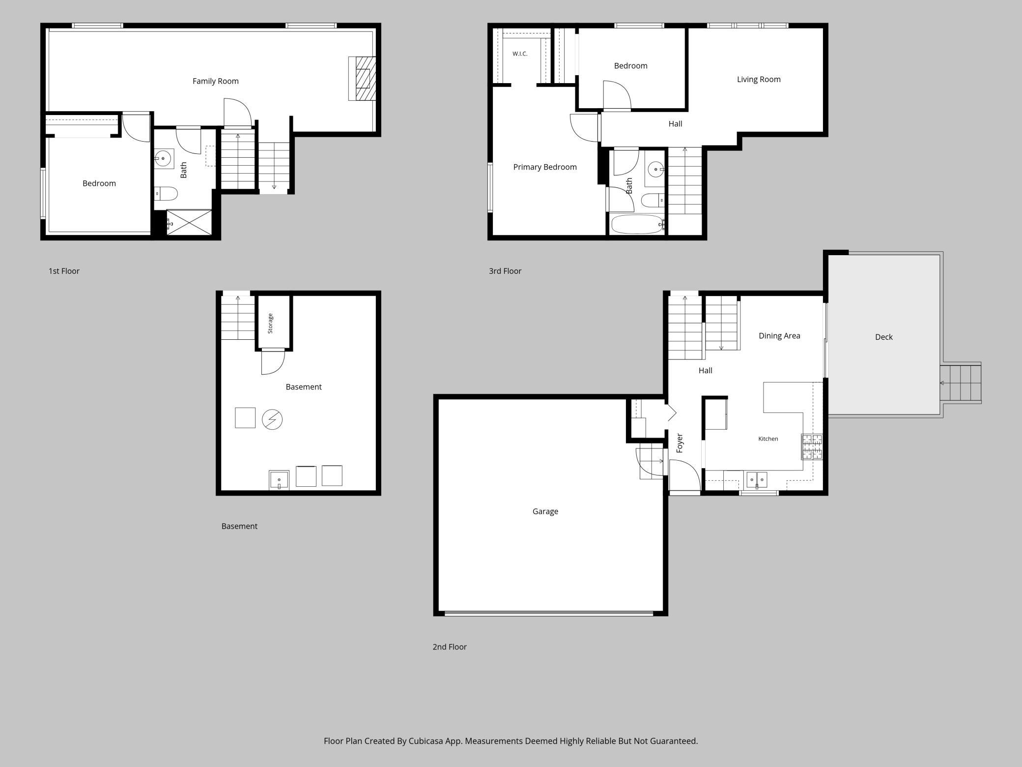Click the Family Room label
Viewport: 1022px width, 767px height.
tap(215, 81)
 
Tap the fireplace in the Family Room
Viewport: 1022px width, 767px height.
tap(362, 79)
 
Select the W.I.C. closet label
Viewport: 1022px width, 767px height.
tap(520, 54)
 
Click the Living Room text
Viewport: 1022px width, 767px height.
tap(759, 79)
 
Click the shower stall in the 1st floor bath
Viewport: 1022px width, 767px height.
tap(189, 222)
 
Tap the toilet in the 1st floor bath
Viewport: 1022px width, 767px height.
tap(166, 194)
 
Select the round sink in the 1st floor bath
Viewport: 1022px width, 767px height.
tap(163, 159)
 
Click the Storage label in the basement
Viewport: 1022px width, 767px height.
tap(270, 324)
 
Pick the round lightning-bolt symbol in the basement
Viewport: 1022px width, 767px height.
tap(272, 420)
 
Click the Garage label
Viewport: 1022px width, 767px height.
tap(545, 511)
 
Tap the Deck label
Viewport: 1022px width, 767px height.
tap(884, 337)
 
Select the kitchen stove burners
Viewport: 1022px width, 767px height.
tap(812, 447)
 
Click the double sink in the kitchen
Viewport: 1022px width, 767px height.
tap(757, 479)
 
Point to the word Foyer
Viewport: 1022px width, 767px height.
tap(680, 442)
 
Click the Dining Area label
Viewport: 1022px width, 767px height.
tap(779, 336)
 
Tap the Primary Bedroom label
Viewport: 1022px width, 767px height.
tap(545, 167)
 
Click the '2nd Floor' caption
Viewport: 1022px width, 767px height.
tap(450, 647)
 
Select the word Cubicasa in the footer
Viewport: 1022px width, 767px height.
tap(428, 741)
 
